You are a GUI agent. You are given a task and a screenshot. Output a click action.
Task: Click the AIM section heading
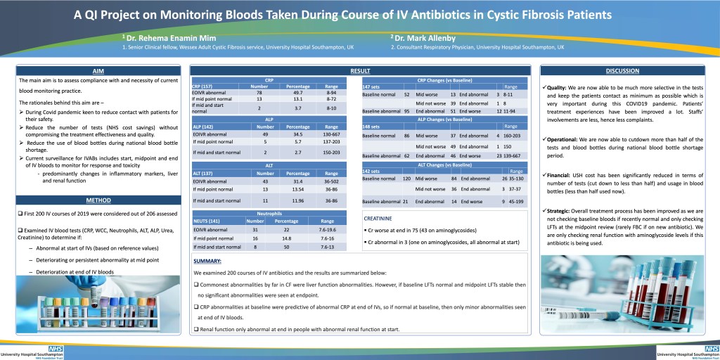98,71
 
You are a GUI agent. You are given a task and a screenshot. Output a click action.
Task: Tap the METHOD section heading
98,200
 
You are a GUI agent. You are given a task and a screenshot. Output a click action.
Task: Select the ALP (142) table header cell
203,126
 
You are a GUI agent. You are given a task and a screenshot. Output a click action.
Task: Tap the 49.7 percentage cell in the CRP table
297,92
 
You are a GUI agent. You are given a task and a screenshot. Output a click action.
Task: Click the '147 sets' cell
371,86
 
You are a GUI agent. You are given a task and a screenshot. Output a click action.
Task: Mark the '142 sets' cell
371,171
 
